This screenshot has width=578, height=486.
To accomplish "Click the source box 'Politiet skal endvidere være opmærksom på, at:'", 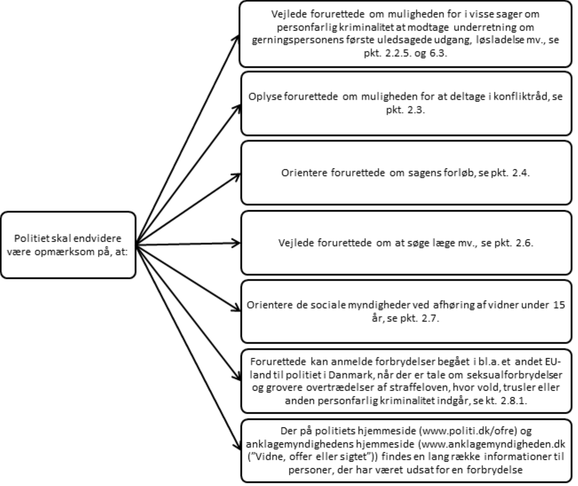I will click(x=68, y=245).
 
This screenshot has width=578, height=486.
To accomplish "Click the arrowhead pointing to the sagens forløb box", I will click(x=237, y=175).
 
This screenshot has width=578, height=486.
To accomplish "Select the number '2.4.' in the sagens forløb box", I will click(x=521, y=173).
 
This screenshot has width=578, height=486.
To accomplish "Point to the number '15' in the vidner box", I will click(x=559, y=305).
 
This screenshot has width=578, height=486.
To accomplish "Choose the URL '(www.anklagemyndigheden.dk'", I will click(x=492, y=444).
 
